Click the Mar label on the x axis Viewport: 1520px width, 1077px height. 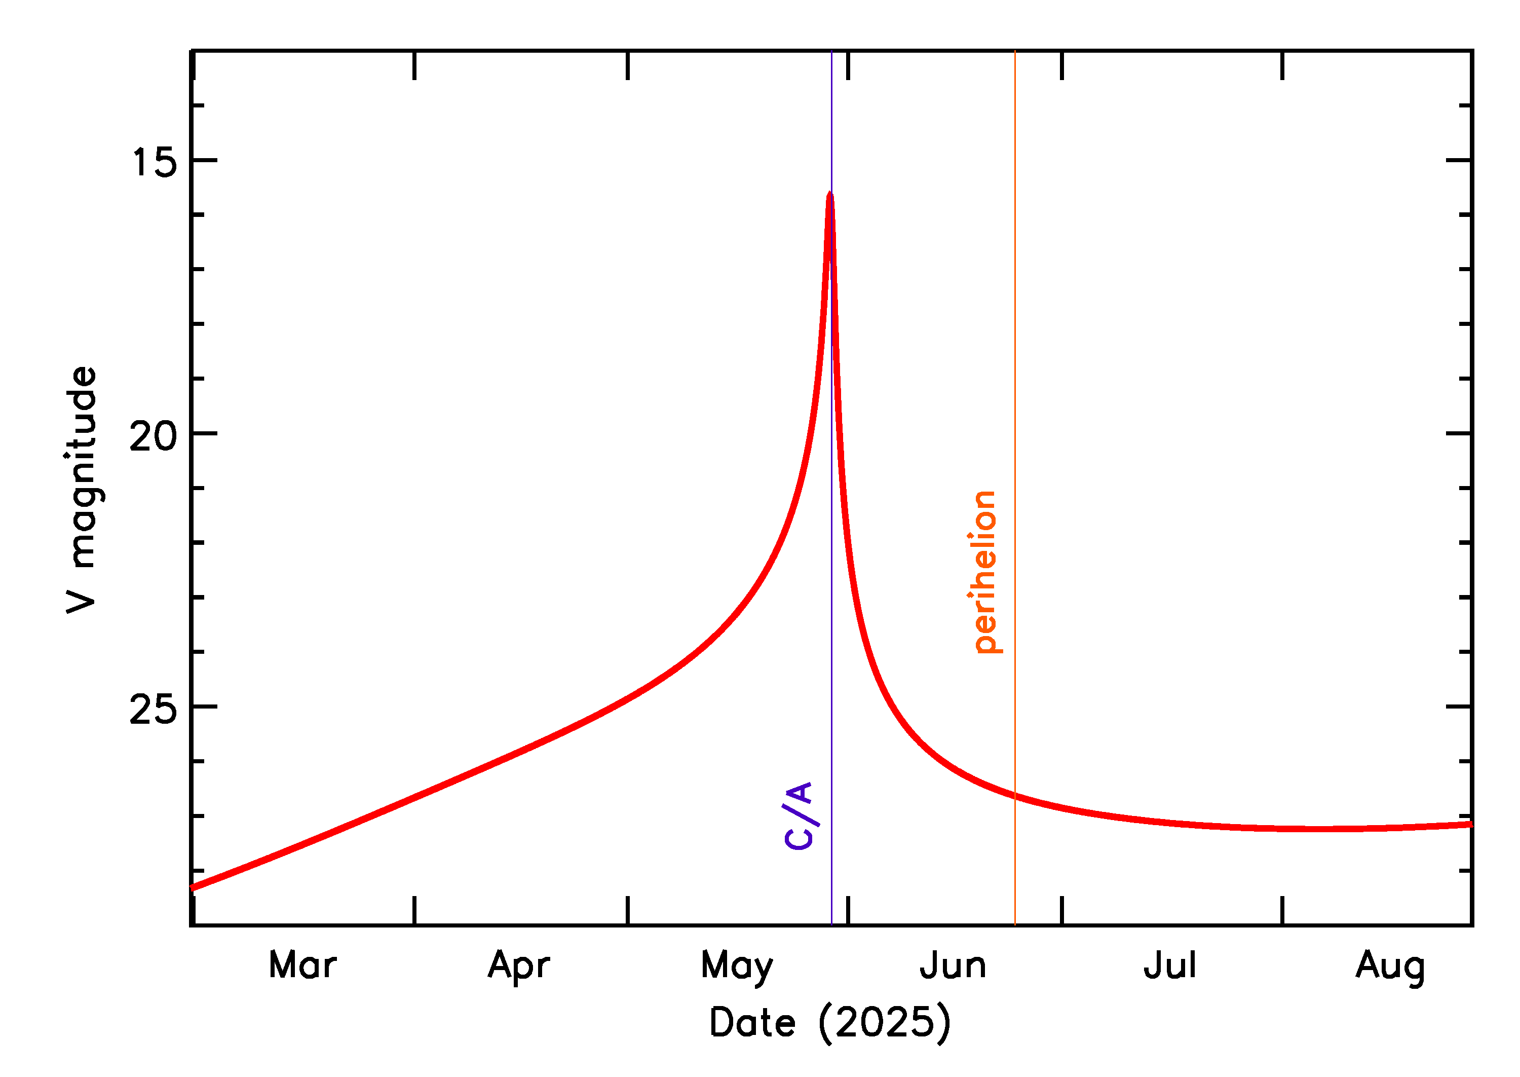pos(302,965)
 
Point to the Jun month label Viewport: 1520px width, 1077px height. pos(953,965)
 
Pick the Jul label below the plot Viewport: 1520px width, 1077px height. pos(1170,965)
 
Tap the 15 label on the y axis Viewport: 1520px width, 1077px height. pos(155,162)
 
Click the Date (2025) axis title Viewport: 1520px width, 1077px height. pos(830,1022)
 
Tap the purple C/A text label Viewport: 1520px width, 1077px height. pos(799,815)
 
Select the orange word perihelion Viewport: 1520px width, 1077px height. pos(985,572)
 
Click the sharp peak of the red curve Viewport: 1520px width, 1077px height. pos(829,194)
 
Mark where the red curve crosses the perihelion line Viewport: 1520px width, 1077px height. pos(1014,795)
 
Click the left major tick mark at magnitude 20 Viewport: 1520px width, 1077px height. pos(204,433)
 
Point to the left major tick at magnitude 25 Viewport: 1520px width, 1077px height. pos(204,707)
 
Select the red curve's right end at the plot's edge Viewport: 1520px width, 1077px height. pos(1471,824)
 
